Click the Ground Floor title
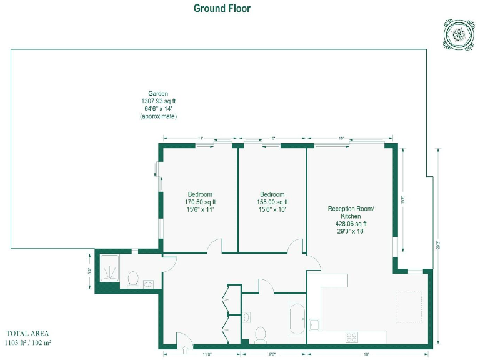tap(222, 8)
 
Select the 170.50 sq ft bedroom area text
tap(200, 202)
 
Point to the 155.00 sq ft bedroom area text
tap(272, 202)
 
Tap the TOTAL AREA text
tap(27, 334)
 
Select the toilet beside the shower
tap(132, 279)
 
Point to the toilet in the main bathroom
tap(261, 334)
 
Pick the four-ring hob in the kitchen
tap(352, 337)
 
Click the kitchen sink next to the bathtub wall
tap(314, 324)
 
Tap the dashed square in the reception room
tap(409, 307)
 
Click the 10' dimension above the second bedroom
tap(272, 137)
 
